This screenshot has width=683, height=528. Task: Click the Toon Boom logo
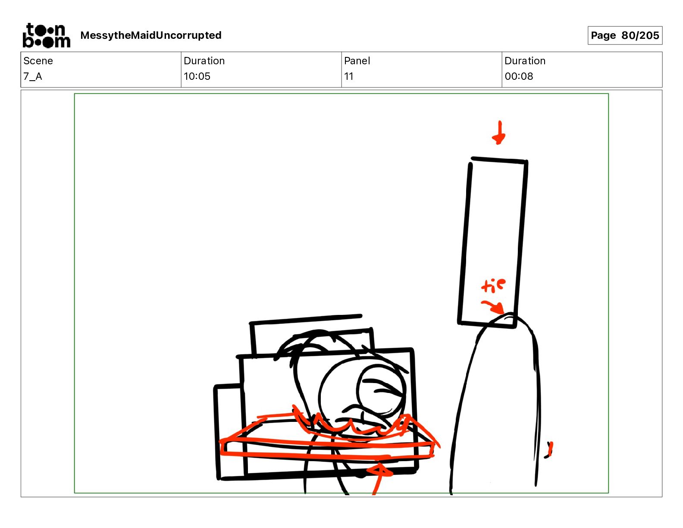[x=47, y=35]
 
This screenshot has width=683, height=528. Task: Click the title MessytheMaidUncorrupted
[x=151, y=35]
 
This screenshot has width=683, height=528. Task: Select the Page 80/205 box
[x=625, y=35]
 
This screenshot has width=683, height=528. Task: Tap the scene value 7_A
[x=33, y=76]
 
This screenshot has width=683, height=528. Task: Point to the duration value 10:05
[x=197, y=76]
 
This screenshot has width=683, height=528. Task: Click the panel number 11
[x=348, y=76]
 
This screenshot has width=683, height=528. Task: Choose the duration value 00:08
[x=519, y=76]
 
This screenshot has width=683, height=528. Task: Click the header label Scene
[x=38, y=61]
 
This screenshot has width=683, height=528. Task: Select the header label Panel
[x=357, y=61]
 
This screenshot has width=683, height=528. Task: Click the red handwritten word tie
[x=493, y=286]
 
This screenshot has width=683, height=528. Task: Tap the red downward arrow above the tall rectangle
[x=499, y=133]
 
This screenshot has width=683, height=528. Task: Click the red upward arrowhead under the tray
[x=380, y=471]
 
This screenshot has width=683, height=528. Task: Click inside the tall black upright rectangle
[x=492, y=242]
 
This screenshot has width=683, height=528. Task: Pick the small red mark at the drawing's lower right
[x=549, y=450]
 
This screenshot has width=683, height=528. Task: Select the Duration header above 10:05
[x=204, y=61]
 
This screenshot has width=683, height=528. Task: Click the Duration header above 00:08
[x=525, y=61]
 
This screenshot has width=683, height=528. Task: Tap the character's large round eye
[x=381, y=390]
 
